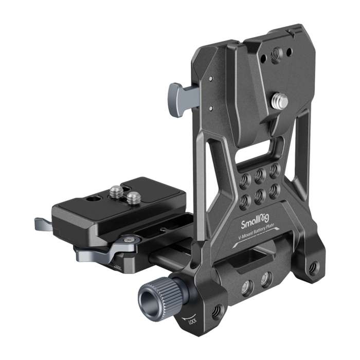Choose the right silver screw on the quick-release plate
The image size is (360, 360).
133,197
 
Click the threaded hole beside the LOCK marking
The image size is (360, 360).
217,312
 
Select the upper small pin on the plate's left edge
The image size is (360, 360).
210,79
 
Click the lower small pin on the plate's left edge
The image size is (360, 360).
210,109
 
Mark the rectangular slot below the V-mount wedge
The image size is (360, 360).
257,152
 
